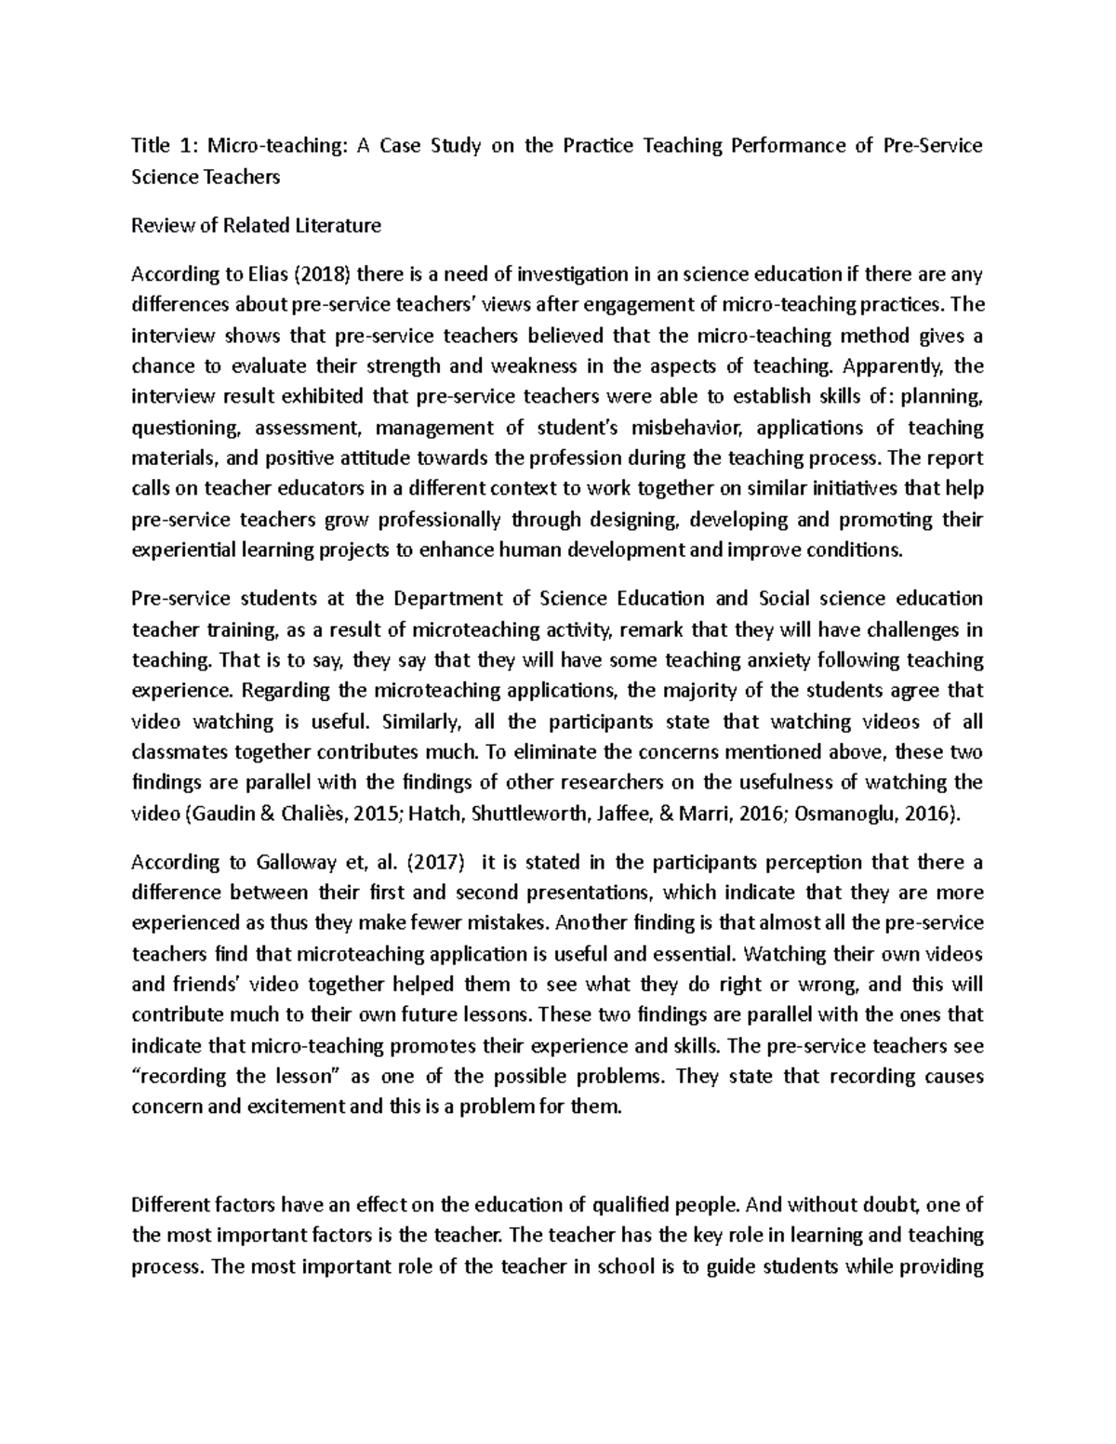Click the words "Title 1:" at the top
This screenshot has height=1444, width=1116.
point(164,146)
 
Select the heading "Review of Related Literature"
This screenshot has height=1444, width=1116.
point(256,226)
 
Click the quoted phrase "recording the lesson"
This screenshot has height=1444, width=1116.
point(238,1077)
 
